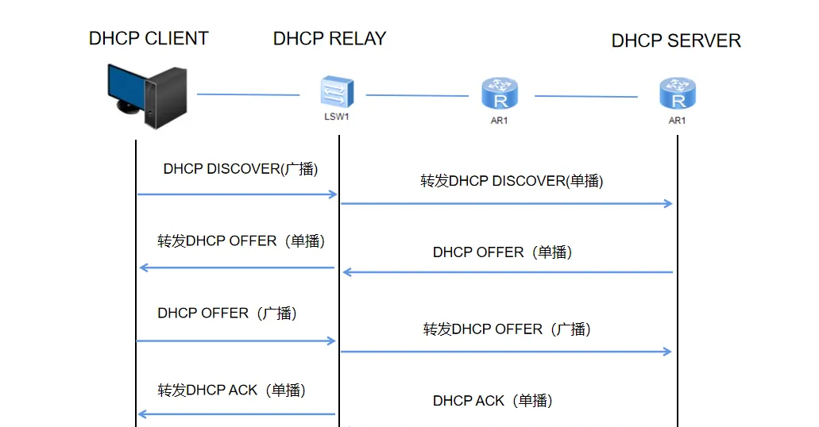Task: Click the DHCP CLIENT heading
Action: (149, 39)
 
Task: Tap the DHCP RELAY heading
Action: (330, 39)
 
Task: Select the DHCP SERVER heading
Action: (676, 40)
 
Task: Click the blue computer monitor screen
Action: (127, 87)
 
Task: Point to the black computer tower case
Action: (165, 98)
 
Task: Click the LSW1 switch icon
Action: (337, 92)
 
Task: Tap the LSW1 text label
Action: (336, 117)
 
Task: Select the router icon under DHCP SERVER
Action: (678, 94)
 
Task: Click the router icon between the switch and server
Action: (500, 94)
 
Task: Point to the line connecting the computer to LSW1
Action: (248, 94)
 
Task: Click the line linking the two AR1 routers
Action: (586, 96)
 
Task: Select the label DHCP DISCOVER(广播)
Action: (240, 169)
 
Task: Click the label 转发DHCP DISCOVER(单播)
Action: (512, 181)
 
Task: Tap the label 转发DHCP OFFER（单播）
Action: (241, 241)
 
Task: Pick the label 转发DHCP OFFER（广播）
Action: (507, 329)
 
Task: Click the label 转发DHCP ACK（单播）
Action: (231, 390)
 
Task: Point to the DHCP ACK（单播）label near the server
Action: (493, 401)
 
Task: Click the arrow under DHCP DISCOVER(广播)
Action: (238, 194)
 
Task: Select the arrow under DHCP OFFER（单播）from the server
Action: (508, 272)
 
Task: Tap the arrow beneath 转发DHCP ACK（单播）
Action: (237, 414)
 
